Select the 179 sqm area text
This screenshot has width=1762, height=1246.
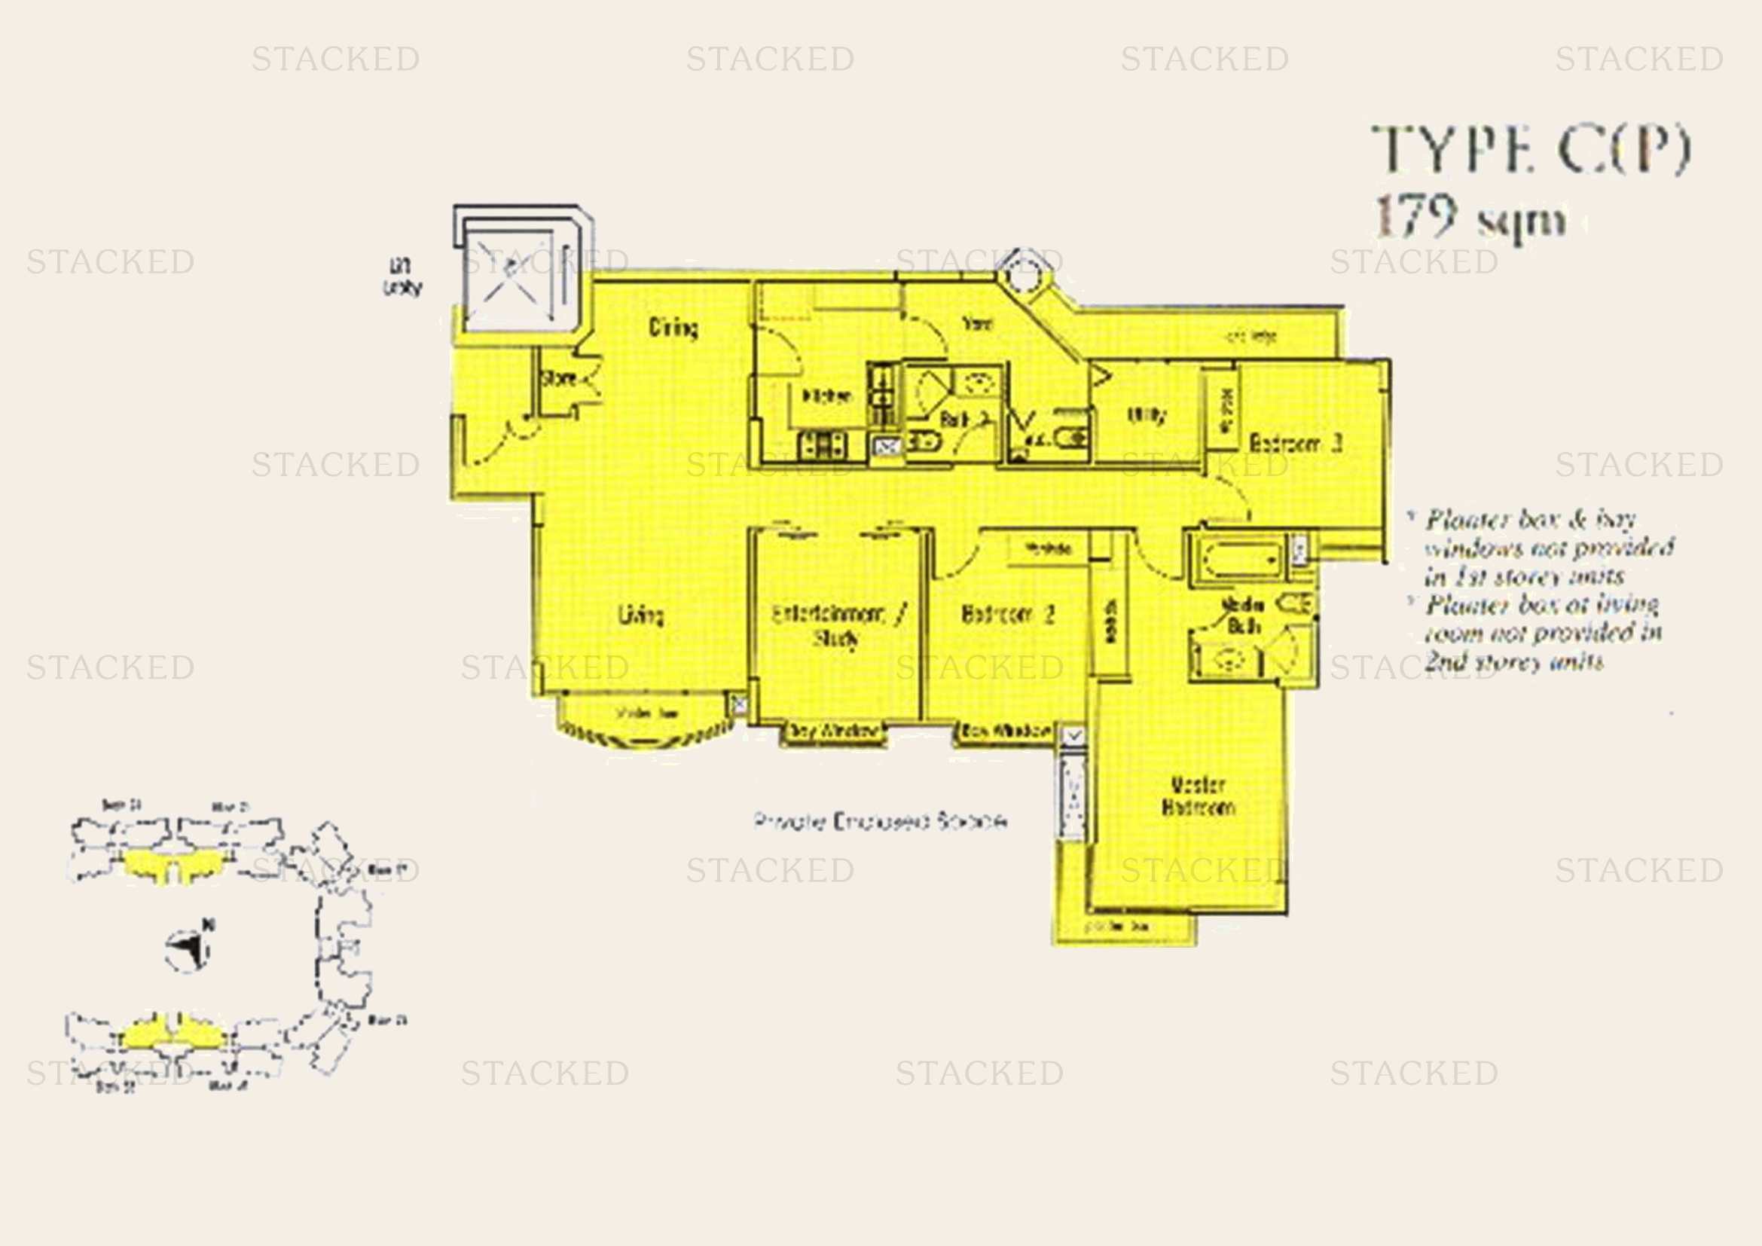(x=1469, y=218)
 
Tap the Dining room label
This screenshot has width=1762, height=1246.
(x=673, y=328)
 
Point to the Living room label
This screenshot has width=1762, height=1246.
(x=641, y=615)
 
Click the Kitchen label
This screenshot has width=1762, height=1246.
(x=826, y=397)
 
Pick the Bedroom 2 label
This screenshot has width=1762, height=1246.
(x=1008, y=615)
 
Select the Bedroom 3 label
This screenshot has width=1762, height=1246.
(x=1296, y=443)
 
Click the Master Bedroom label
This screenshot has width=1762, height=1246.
(x=1198, y=796)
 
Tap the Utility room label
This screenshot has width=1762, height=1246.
(x=1147, y=415)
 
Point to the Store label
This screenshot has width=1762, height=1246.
(x=559, y=378)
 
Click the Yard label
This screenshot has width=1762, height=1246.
(x=977, y=325)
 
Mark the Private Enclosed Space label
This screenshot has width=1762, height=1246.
(x=880, y=822)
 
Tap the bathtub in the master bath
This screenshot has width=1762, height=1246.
(x=1235, y=558)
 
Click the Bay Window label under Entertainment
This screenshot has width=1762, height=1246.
(x=833, y=731)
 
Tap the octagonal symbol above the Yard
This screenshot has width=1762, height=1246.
(x=1022, y=269)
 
